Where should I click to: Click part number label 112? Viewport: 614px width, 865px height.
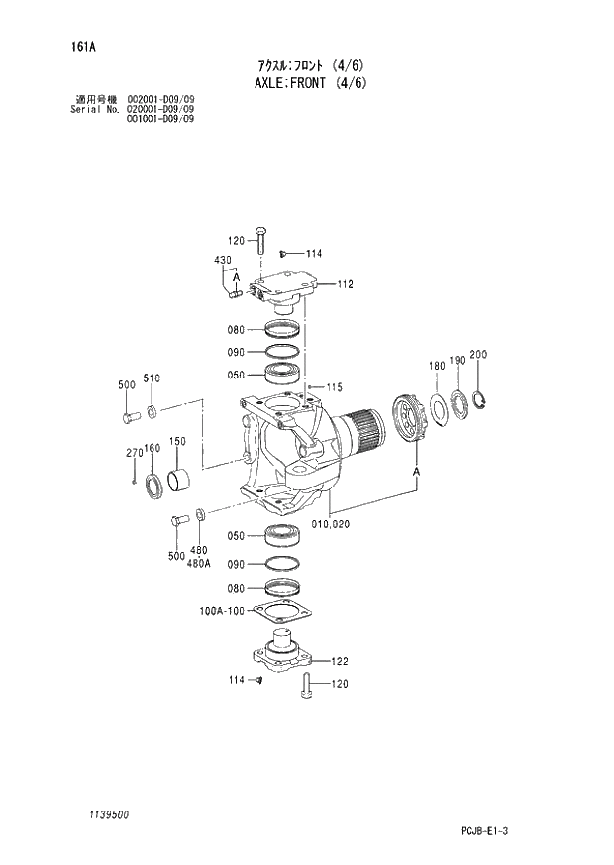(x=344, y=284)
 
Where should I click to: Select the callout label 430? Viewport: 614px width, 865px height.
(x=223, y=260)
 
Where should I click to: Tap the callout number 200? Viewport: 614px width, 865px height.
(x=479, y=355)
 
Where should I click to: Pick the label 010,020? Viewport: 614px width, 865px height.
(x=333, y=522)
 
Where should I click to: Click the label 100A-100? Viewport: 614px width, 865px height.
(x=222, y=611)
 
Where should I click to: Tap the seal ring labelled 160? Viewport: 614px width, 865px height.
(x=155, y=487)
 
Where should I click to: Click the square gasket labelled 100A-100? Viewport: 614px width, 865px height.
(x=283, y=612)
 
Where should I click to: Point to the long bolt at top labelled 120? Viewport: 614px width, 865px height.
(x=259, y=241)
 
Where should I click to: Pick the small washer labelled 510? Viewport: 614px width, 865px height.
(x=152, y=410)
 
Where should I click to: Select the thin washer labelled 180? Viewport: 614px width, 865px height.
(x=437, y=407)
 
